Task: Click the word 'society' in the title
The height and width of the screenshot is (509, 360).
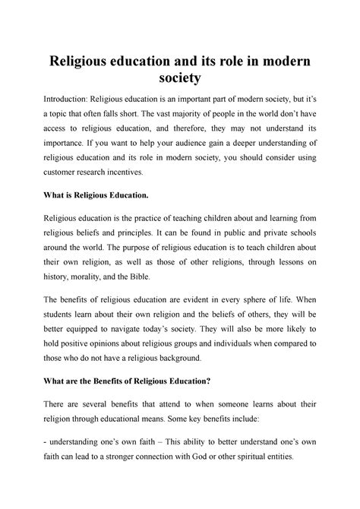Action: click(x=180, y=78)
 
